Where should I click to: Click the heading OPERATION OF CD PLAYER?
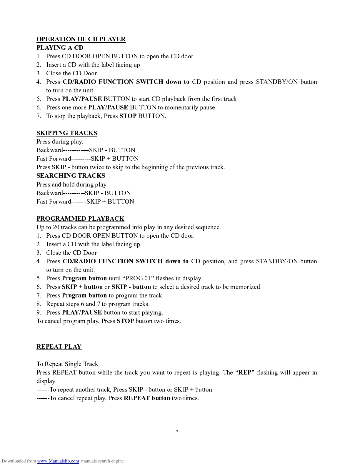(81, 39)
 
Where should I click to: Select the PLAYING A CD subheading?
(60, 48)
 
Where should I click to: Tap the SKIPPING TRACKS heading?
(67, 133)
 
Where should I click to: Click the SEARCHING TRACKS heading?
(71, 176)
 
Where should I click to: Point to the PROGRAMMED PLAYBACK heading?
(80, 219)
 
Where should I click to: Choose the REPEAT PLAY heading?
(59, 347)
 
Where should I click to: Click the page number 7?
(177, 432)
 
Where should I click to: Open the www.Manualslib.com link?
(58, 461)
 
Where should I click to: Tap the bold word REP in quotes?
(245, 372)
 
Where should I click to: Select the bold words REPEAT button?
(147, 398)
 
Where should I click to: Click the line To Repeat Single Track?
(67, 364)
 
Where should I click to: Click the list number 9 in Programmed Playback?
(39, 312)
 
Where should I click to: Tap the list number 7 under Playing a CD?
(39, 116)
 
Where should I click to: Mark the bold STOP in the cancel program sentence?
(125, 321)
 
